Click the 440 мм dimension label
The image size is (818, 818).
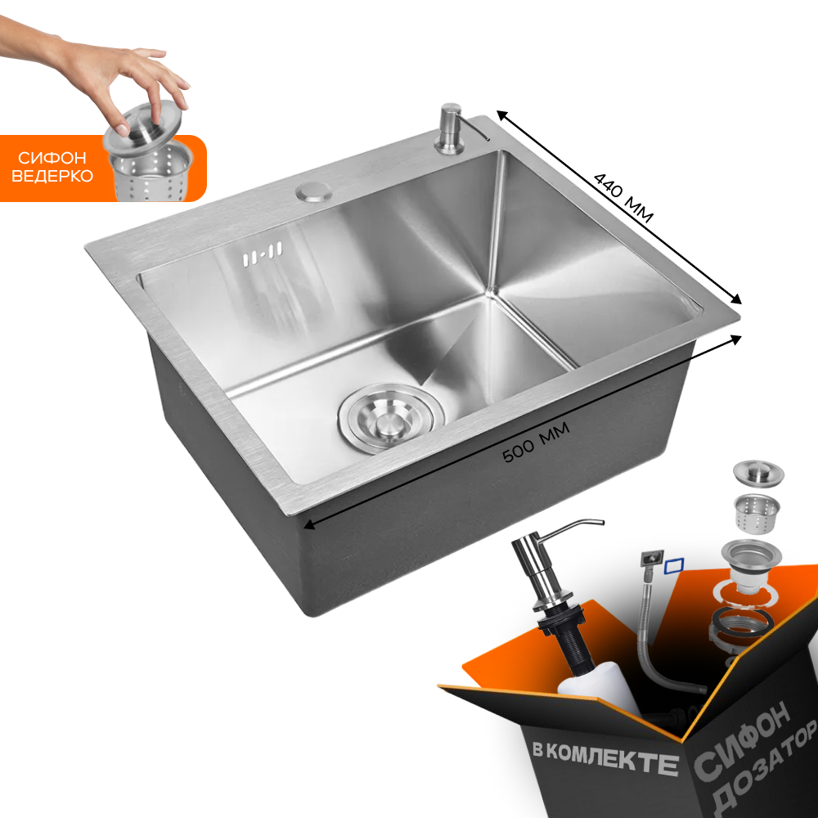coord(624,198)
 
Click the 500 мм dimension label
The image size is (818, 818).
coord(536,443)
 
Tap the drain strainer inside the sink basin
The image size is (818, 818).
coord(391,418)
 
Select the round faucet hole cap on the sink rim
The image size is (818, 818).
coord(313,192)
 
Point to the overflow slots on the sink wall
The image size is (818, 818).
coord(263,254)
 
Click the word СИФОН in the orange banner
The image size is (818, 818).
coord(52,158)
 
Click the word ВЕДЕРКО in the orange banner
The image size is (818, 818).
coord(52,176)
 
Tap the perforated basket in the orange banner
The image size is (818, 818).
coord(151,171)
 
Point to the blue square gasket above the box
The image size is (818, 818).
coord(674,565)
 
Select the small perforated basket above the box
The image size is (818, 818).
coord(757,514)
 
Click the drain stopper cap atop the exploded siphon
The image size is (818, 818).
coord(758,473)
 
